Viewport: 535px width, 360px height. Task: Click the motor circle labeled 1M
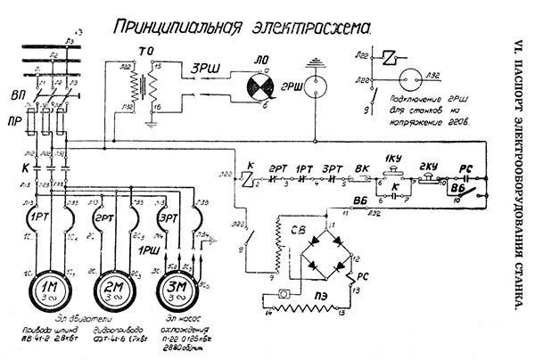coord(45,289)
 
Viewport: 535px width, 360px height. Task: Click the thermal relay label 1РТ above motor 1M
coord(41,217)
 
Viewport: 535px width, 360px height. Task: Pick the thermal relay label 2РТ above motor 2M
coord(106,217)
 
